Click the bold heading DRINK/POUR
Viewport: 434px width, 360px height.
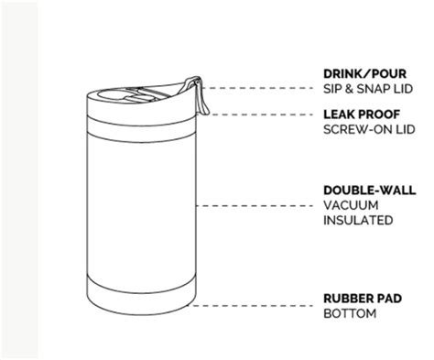coord(364,74)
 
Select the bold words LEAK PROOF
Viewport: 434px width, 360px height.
coord(362,115)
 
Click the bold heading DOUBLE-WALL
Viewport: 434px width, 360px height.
coord(370,191)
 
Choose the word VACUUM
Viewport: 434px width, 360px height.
coord(351,205)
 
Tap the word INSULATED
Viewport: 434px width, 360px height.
coord(358,220)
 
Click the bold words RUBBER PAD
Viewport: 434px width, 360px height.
coord(363,299)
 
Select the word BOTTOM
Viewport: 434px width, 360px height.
coord(350,313)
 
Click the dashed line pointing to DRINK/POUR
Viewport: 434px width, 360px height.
coord(257,88)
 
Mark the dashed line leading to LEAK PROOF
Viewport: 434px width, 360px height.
coord(262,115)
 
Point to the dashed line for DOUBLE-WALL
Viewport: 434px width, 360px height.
coord(255,206)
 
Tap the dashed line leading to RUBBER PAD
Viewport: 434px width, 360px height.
coord(251,305)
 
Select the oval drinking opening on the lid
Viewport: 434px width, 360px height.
coord(112,95)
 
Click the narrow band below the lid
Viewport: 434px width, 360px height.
coord(141,129)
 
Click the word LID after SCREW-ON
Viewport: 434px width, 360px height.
coord(406,129)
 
